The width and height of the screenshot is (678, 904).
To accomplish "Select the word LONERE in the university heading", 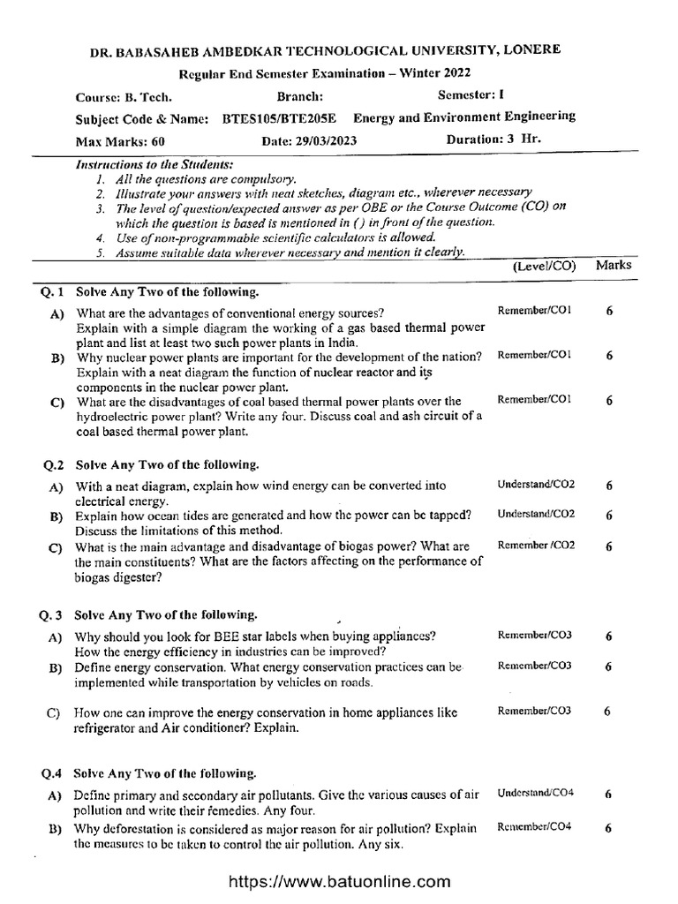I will [531, 52].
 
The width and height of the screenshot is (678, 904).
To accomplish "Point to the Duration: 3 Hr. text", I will [494, 139].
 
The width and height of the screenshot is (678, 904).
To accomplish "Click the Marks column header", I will [613, 264].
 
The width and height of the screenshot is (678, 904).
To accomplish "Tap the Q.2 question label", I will [55, 463].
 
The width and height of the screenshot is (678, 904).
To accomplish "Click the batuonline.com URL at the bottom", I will [340, 881].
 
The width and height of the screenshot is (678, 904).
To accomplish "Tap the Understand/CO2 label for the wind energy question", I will [536, 485].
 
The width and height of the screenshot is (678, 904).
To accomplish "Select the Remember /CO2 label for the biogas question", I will [537, 546].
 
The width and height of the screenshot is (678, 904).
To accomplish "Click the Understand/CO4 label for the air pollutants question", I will [536, 793].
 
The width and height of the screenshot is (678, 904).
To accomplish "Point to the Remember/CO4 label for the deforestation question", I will [534, 826].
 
